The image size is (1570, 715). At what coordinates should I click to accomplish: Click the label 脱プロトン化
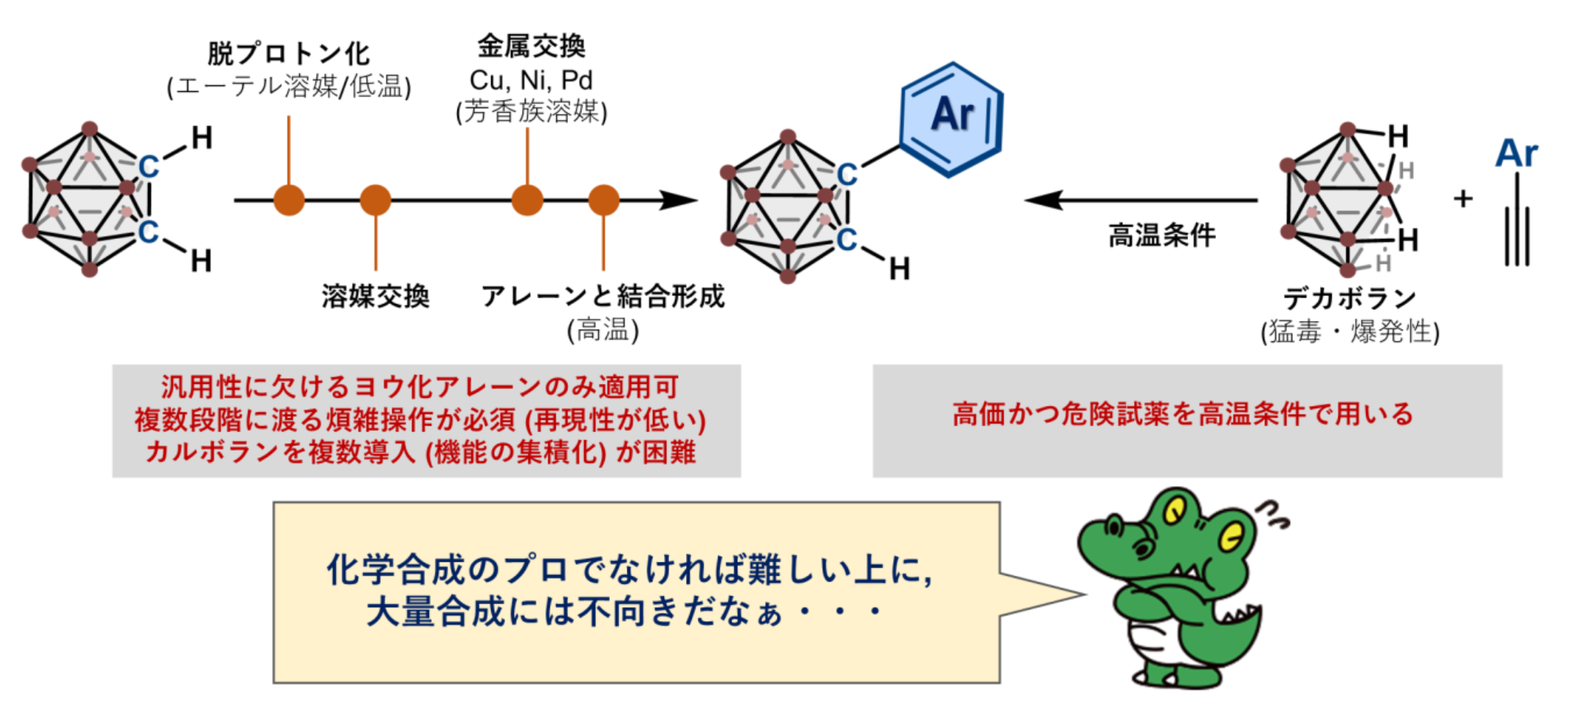(x=289, y=54)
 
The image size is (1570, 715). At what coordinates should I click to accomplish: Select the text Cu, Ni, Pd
(x=531, y=80)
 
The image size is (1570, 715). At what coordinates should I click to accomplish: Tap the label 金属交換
(x=531, y=46)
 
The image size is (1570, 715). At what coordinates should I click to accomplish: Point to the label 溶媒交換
(x=375, y=296)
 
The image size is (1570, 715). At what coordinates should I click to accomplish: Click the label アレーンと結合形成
(x=602, y=296)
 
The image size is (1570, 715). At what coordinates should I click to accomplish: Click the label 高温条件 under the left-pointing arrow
(x=1162, y=236)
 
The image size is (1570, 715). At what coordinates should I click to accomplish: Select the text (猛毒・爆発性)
(x=1349, y=332)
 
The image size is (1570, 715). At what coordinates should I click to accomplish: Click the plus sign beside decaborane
(x=1463, y=199)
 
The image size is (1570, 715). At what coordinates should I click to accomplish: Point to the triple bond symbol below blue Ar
(x=1516, y=234)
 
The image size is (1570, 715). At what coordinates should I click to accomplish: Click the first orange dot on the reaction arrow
(x=289, y=200)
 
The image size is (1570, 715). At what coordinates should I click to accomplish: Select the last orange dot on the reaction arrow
(x=603, y=200)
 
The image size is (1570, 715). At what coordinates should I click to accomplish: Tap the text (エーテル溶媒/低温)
(x=289, y=87)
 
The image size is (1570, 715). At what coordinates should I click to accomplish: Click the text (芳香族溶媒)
(x=531, y=112)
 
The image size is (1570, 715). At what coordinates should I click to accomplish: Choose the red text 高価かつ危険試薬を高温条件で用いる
(x=1183, y=415)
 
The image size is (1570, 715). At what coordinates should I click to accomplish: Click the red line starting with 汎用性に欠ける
(x=419, y=387)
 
